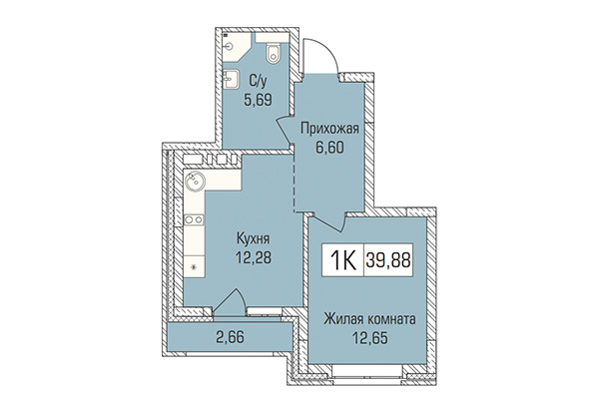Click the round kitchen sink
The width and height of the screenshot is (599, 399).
(x=195, y=184)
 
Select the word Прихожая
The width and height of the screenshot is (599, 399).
(x=328, y=129)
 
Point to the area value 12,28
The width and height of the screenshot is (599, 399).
(x=255, y=256)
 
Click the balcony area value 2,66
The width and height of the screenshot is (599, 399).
(x=231, y=338)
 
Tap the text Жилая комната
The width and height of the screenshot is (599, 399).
(x=368, y=320)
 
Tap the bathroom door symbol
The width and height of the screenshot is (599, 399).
(x=296, y=80)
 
